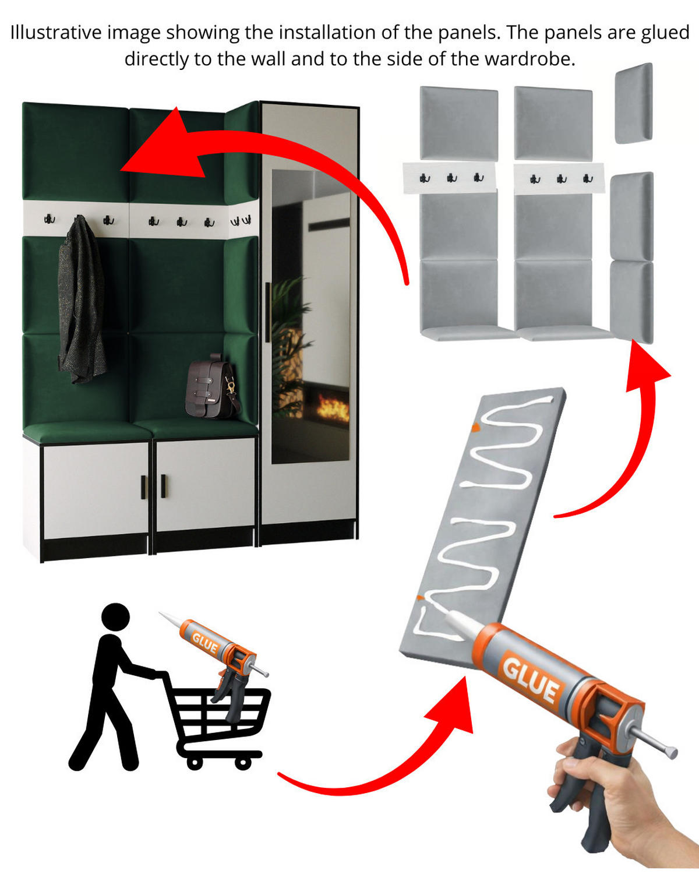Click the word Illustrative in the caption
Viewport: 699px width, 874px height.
pyautogui.click(x=56, y=32)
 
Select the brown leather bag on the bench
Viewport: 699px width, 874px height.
pyautogui.click(x=211, y=386)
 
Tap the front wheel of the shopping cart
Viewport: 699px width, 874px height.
pyautogui.click(x=243, y=763)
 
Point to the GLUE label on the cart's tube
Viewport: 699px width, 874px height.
pyautogui.click(x=205, y=643)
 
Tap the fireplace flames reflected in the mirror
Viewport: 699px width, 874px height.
pyautogui.click(x=332, y=407)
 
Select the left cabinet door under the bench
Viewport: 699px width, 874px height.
pyautogui.click(x=96, y=490)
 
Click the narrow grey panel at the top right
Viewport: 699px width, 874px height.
pyautogui.click(x=634, y=103)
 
